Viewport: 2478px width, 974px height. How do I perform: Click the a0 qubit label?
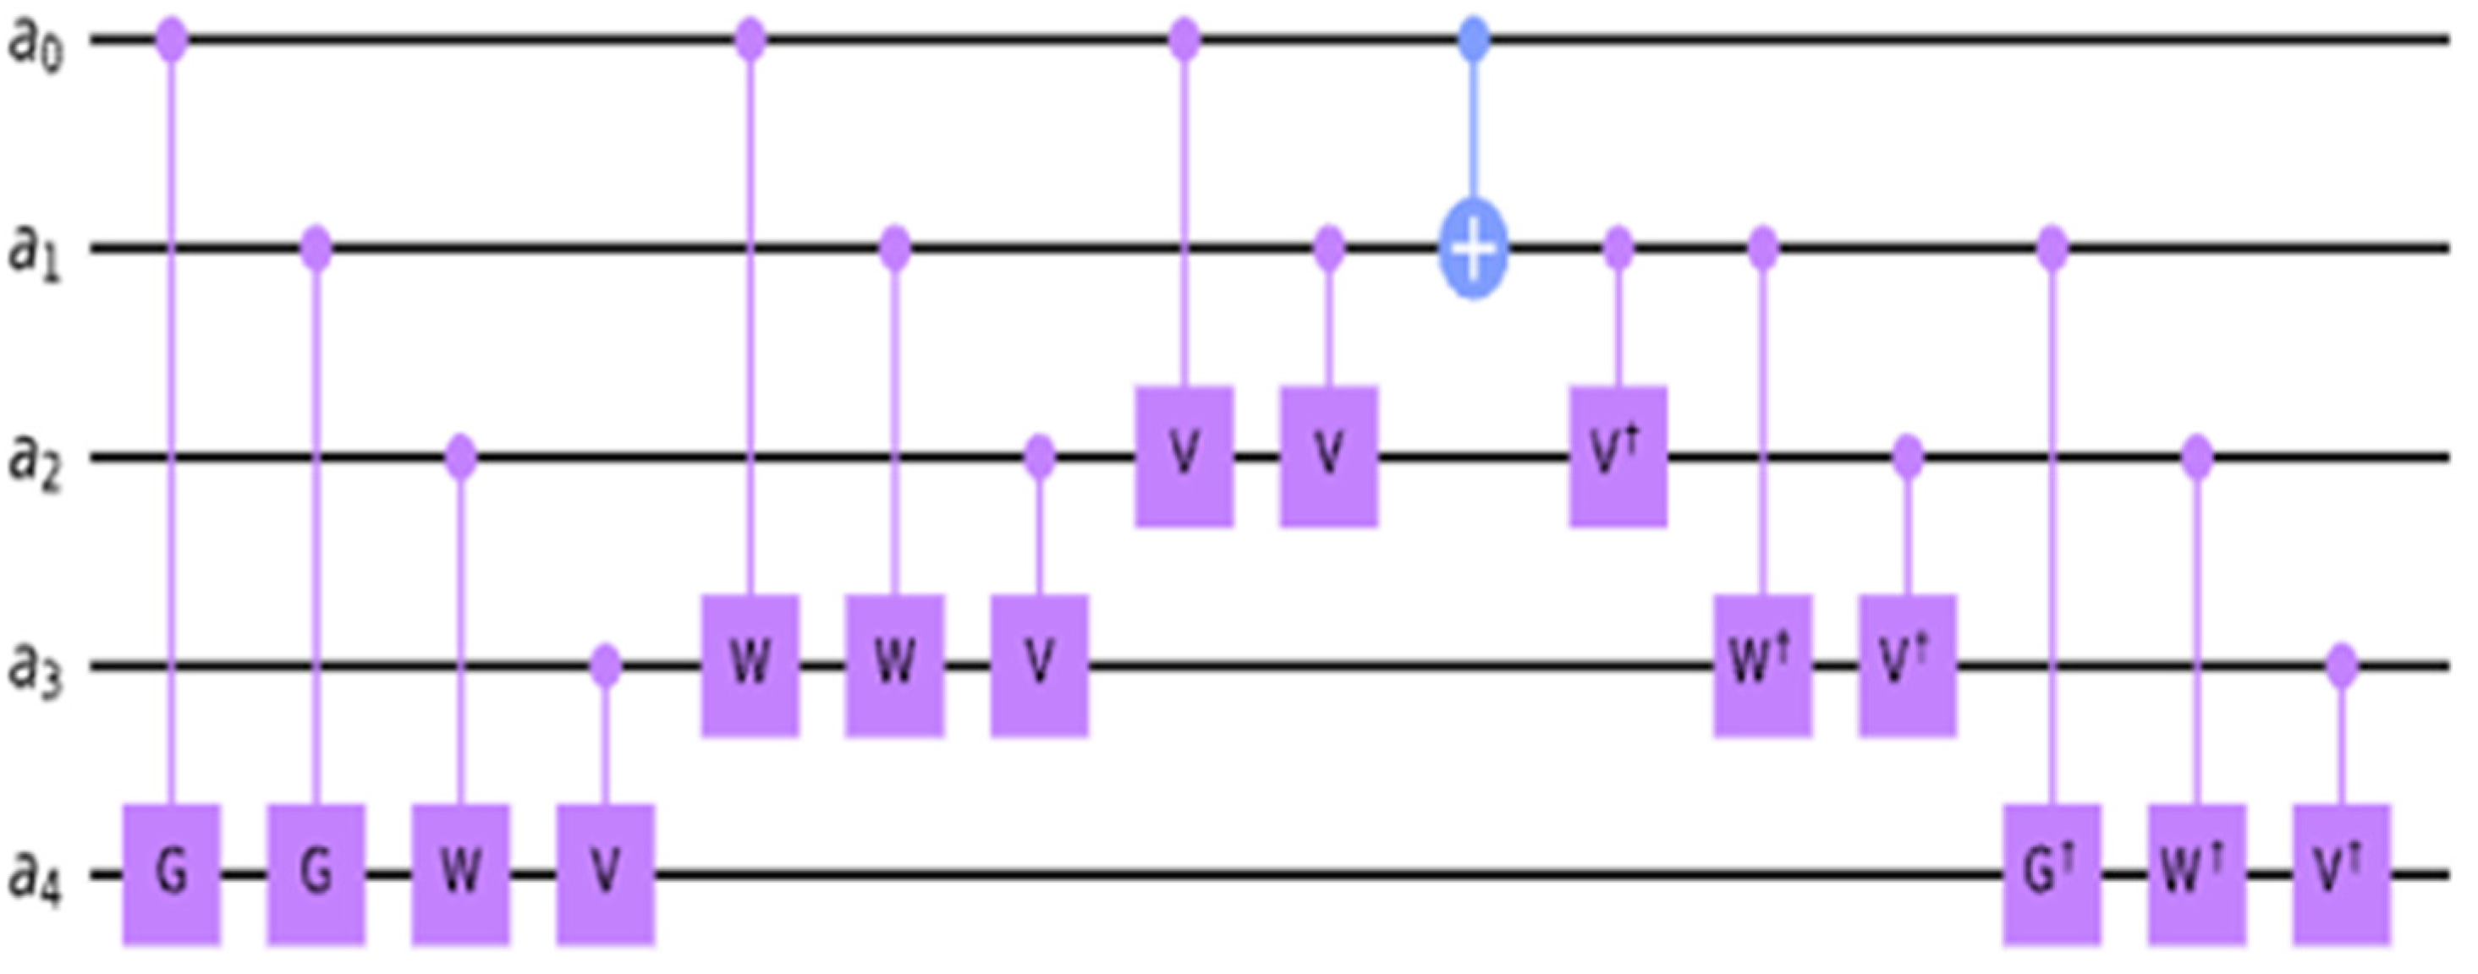36,43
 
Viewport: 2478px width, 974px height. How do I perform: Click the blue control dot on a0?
1473,41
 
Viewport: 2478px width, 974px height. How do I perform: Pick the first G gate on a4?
173,874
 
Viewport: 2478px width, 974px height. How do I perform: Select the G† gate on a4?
2052,874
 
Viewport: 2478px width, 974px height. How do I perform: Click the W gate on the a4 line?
461,874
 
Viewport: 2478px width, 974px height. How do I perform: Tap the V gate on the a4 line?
605,874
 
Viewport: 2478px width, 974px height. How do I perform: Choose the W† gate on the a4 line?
2196,874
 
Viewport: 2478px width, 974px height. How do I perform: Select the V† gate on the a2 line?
1618,456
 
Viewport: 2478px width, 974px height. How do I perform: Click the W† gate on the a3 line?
1762,665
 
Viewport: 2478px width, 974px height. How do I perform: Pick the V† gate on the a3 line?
1908,665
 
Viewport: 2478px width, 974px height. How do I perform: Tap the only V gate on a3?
1039,665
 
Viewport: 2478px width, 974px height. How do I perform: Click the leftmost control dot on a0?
173,41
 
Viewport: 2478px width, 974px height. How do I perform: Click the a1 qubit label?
36,252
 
